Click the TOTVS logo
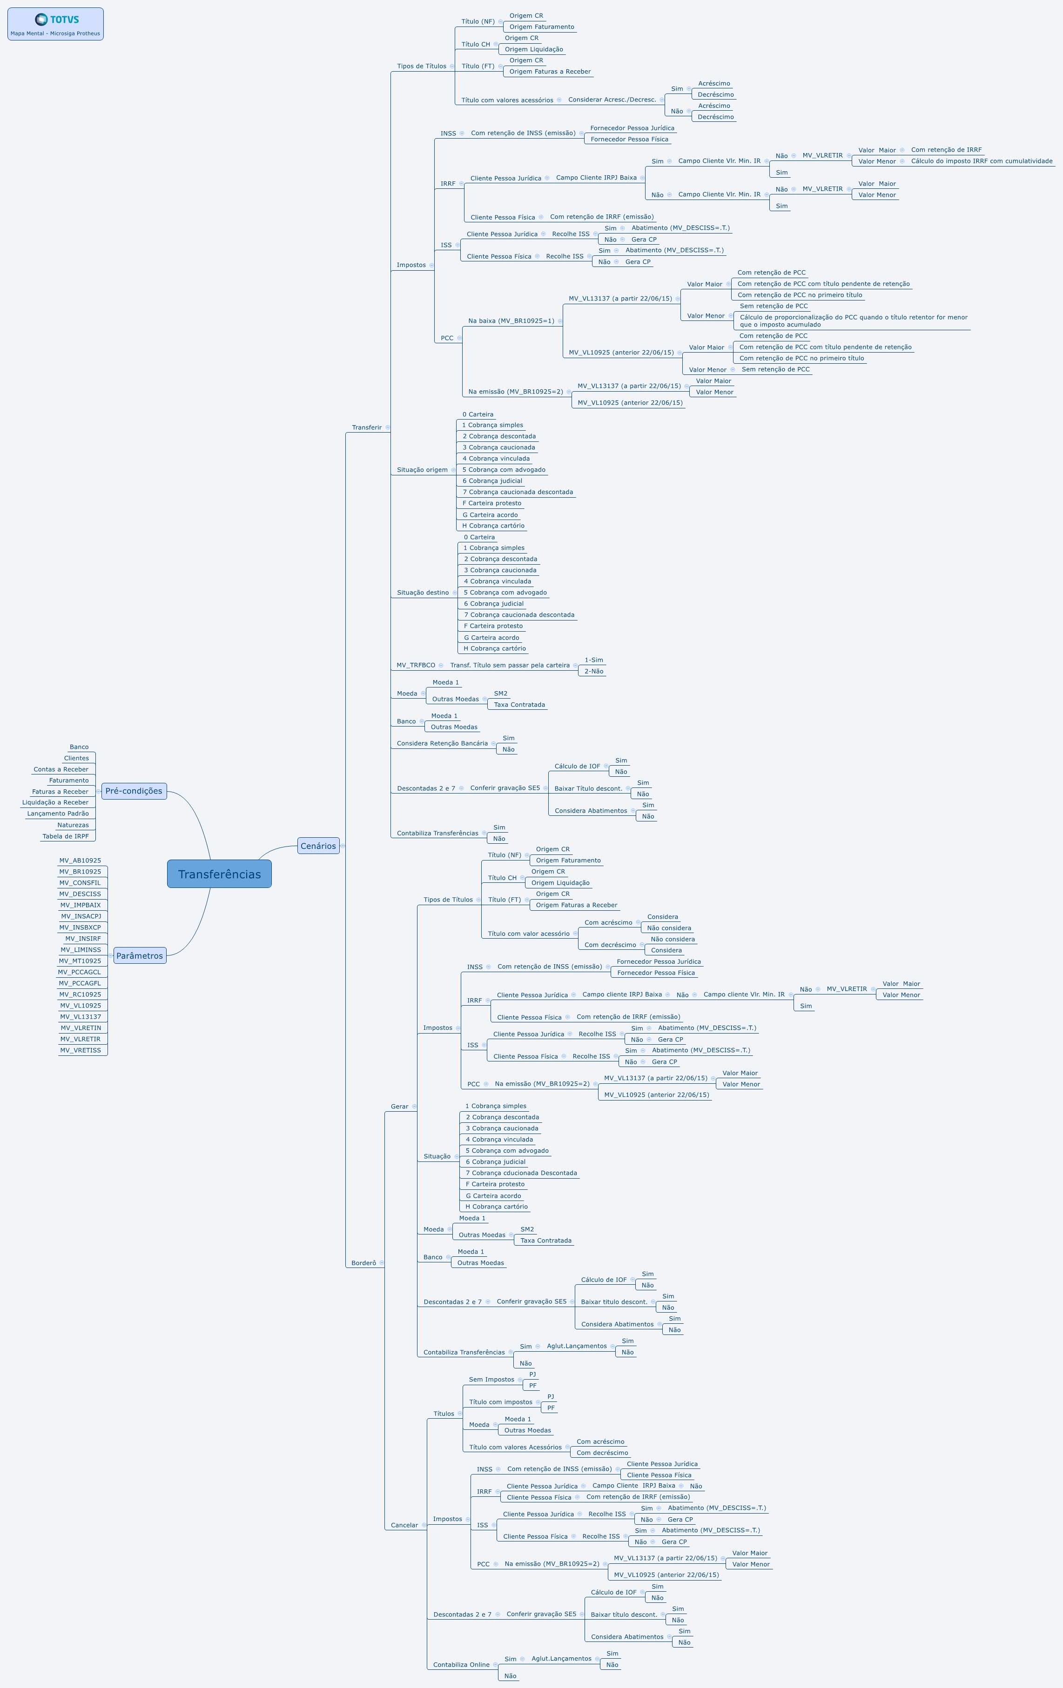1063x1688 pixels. pyautogui.click(x=57, y=20)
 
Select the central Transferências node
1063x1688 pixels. pyautogui.click(x=219, y=874)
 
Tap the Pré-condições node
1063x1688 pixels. pyautogui.click(x=134, y=791)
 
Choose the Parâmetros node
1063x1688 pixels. pyautogui.click(x=140, y=955)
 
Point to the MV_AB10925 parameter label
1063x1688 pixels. pyautogui.click(x=80, y=860)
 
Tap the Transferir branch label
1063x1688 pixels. pyautogui.click(x=367, y=427)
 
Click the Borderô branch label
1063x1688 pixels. pyautogui.click(x=364, y=1263)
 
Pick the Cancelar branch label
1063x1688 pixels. pyautogui.click(x=404, y=1525)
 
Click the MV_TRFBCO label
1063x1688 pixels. pyautogui.click(x=416, y=665)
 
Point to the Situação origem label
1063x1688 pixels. pyautogui.click(x=422, y=470)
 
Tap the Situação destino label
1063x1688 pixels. pyautogui.click(x=423, y=592)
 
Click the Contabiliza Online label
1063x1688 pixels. pyautogui.click(x=461, y=1665)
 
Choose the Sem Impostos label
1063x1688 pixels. pyautogui.click(x=491, y=1380)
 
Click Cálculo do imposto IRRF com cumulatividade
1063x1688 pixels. pyautogui.click(x=982, y=161)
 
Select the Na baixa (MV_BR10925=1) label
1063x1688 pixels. pyautogui.click(x=511, y=321)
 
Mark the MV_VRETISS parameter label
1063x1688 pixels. pyautogui.click(x=81, y=1050)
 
